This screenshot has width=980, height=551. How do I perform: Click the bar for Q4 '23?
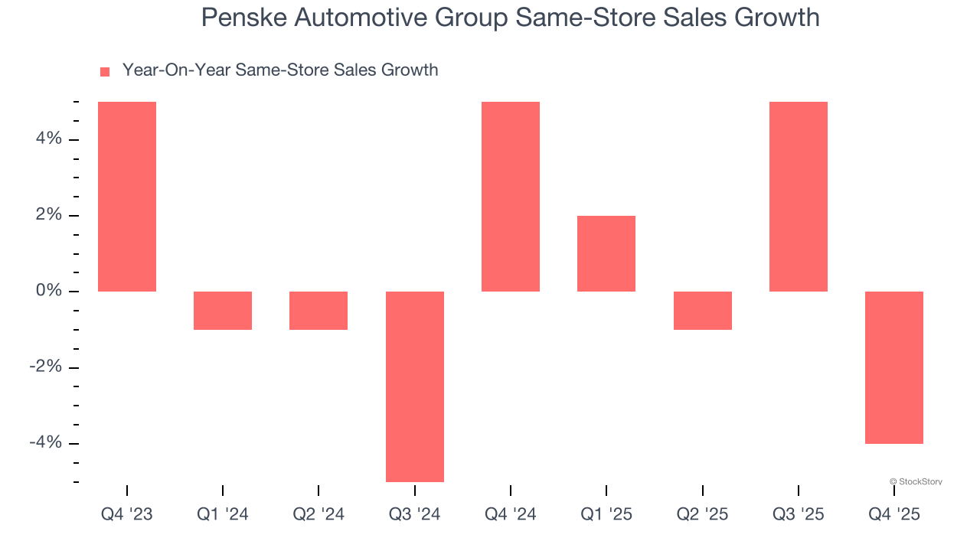[x=127, y=197]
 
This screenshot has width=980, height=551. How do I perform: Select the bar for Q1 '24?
[x=223, y=311]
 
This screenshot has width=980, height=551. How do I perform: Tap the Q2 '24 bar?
[x=318, y=311]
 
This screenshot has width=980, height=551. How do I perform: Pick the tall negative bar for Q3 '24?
[x=414, y=386]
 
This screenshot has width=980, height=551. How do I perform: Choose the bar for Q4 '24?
[x=511, y=197]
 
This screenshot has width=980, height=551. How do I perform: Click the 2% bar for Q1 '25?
[x=606, y=253]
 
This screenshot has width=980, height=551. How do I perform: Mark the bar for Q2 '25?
[x=702, y=311]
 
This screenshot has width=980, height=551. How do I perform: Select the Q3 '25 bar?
[x=799, y=197]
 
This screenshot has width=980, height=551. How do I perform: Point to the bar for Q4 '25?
[x=894, y=367]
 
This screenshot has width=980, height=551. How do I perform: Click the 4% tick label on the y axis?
[x=47, y=139]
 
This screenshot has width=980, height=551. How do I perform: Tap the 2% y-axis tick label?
[x=47, y=215]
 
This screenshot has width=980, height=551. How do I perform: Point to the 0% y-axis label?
[x=47, y=292]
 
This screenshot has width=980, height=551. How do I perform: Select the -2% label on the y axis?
[x=44, y=367]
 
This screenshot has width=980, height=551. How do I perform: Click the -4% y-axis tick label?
[x=44, y=443]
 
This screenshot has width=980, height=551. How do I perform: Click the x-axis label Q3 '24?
[x=414, y=514]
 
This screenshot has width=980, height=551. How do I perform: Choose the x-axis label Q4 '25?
[x=894, y=514]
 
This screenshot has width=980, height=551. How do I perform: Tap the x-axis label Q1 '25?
[x=606, y=514]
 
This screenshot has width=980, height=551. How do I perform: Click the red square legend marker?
[x=105, y=71]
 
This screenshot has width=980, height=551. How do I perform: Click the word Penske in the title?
[x=237, y=18]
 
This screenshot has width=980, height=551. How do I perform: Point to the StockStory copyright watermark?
[x=916, y=481]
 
